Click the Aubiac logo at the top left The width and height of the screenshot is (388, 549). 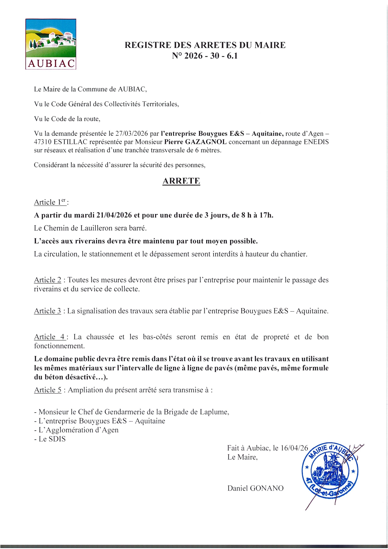[51, 44]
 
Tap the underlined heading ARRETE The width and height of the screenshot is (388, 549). [181, 181]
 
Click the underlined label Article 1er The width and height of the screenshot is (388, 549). [50, 202]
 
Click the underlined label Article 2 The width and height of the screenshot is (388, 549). [48, 280]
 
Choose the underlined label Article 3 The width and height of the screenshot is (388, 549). [48, 311]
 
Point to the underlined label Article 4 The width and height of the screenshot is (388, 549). [49, 337]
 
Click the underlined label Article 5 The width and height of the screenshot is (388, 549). [48, 390]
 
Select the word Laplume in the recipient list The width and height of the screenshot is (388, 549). [216, 412]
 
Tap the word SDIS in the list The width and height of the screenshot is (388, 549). [57, 439]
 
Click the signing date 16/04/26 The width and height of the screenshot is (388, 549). [294, 448]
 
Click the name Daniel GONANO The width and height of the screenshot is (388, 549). [255, 488]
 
